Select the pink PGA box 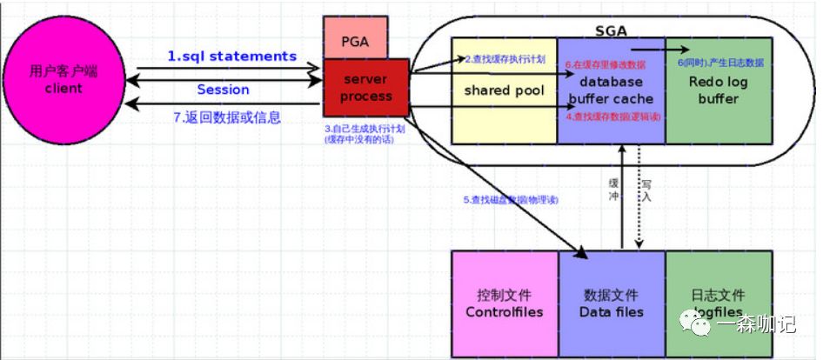pos(355,40)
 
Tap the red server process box pos(366,87)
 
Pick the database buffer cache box pos(611,90)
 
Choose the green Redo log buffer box pos(719,90)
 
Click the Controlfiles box pos(504,303)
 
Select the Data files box pos(611,303)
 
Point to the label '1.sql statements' pos(232,57)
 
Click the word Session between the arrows pos(223,90)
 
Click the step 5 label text pos(510,200)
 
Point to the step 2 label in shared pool pos(505,60)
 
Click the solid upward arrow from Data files pos(622,200)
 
